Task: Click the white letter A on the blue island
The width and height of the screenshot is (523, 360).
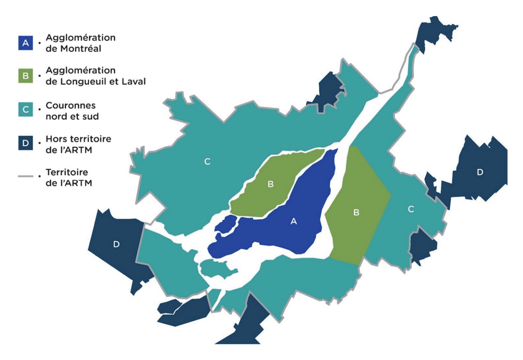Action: [292, 221]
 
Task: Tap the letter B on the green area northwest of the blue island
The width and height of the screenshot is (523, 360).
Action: [271, 184]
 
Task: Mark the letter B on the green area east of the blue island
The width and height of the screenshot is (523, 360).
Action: [356, 213]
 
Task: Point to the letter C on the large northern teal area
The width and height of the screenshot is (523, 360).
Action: [207, 161]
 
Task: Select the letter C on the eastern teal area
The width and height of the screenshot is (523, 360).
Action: [411, 209]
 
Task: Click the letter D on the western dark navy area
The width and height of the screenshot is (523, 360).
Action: [116, 244]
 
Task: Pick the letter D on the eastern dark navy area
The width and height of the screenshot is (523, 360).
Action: [480, 172]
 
